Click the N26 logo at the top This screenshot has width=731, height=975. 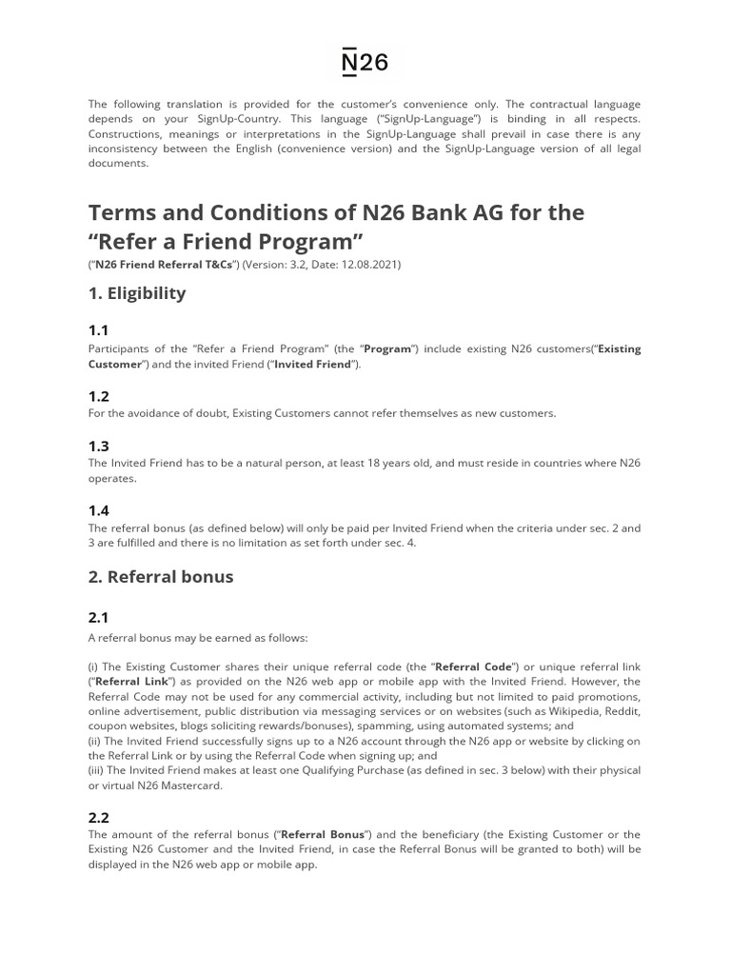[x=365, y=63]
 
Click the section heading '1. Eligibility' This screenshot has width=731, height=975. [x=136, y=293]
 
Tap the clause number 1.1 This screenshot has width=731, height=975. [x=99, y=330]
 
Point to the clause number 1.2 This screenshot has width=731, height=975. [x=99, y=396]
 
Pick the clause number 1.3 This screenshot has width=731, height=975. [x=99, y=446]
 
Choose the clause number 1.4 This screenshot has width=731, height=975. [x=99, y=510]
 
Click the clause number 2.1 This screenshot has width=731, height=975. [x=99, y=619]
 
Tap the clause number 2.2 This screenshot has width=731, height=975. [x=99, y=817]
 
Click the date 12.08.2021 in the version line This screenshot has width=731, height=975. [x=367, y=265]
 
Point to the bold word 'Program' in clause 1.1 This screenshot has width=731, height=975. [x=387, y=348]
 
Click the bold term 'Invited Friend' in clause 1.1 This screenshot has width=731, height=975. [x=313, y=365]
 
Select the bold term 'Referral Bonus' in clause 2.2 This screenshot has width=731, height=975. [x=323, y=835]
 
